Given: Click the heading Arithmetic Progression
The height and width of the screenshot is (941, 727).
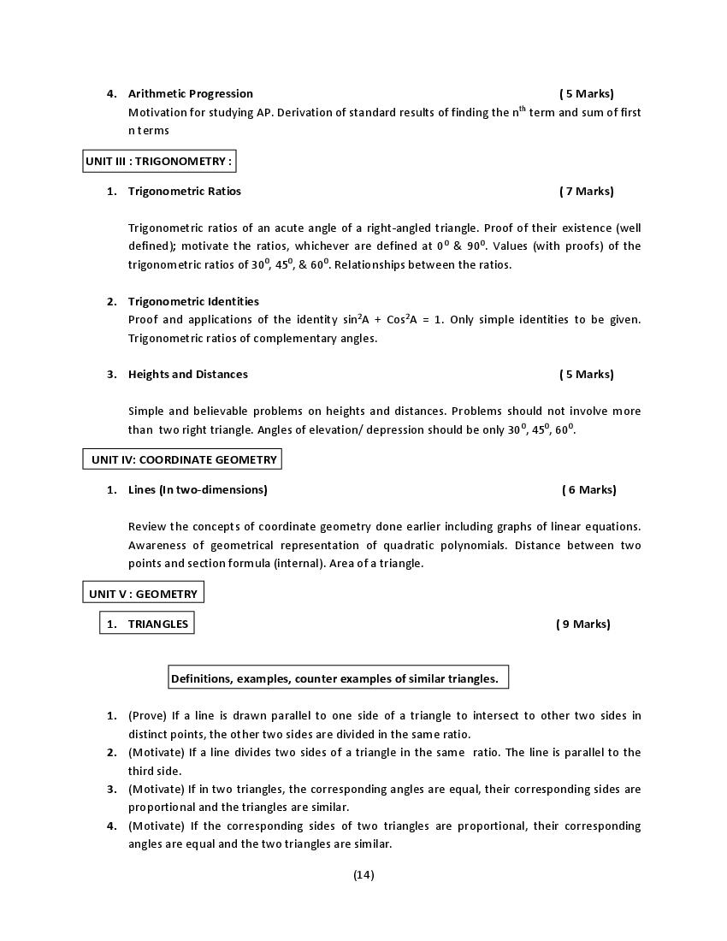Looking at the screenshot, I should [x=190, y=94].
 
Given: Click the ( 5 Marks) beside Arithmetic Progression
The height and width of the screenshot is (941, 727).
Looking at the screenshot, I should [x=586, y=94].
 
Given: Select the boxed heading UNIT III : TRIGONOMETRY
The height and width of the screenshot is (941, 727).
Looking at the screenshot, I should [x=158, y=161].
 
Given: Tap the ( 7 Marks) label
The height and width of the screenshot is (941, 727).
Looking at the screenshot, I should [x=586, y=192].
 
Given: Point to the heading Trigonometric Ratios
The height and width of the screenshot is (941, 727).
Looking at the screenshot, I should [x=184, y=192].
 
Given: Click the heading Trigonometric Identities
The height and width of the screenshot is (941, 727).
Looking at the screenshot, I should [x=193, y=301].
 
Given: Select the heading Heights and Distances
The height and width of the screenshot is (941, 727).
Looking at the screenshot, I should [x=187, y=375].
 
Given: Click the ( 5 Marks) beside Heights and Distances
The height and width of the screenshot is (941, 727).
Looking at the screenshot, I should [x=586, y=375].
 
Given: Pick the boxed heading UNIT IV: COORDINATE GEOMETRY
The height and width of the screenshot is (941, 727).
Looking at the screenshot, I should [x=184, y=460].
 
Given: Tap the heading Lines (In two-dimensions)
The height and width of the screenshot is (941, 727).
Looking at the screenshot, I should [x=198, y=490].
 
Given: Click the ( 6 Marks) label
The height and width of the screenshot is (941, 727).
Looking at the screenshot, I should [x=588, y=490].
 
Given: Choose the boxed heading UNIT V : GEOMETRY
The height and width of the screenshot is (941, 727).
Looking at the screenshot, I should [x=143, y=594].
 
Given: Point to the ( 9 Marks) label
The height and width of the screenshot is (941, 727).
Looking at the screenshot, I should [x=582, y=624].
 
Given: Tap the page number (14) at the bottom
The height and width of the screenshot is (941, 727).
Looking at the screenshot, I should [x=363, y=874].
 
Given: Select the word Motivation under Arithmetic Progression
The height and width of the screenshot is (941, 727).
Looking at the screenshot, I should [x=156, y=113].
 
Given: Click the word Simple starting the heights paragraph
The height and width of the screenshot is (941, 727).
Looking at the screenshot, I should [x=145, y=411].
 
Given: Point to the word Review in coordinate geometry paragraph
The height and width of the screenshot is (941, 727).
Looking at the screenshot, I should [x=146, y=527].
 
